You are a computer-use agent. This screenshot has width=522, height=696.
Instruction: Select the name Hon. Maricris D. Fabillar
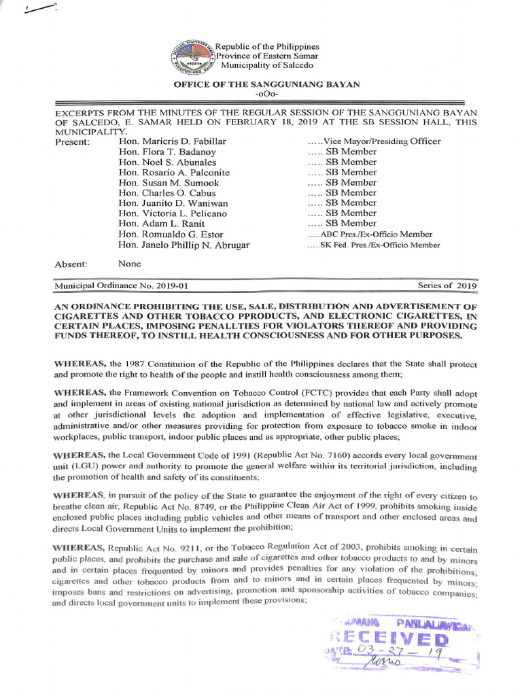click(x=172, y=141)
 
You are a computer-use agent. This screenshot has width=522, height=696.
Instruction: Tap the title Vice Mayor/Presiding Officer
click(x=374, y=141)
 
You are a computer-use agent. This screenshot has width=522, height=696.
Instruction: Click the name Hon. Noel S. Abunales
click(x=167, y=162)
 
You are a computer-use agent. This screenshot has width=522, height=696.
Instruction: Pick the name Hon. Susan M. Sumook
click(x=169, y=182)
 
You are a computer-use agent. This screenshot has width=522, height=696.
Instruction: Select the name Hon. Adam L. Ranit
click(x=161, y=223)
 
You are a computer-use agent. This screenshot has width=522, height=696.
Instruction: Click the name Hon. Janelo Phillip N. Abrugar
click(x=184, y=245)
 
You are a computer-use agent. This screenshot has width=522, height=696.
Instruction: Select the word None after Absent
click(x=130, y=264)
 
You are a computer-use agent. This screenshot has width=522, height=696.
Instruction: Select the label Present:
click(x=72, y=141)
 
